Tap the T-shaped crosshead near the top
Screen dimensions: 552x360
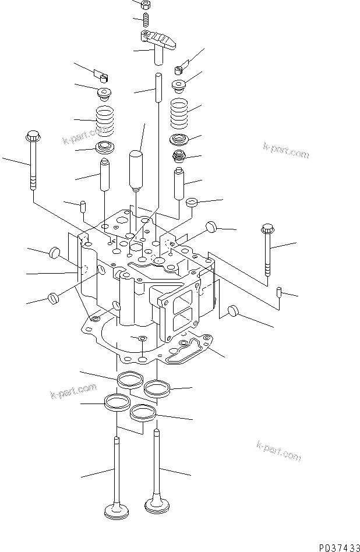pos(159,43)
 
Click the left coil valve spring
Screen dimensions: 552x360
pos(105,119)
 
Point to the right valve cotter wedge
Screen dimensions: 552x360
pos(180,69)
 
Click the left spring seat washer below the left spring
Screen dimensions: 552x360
pos(105,146)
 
